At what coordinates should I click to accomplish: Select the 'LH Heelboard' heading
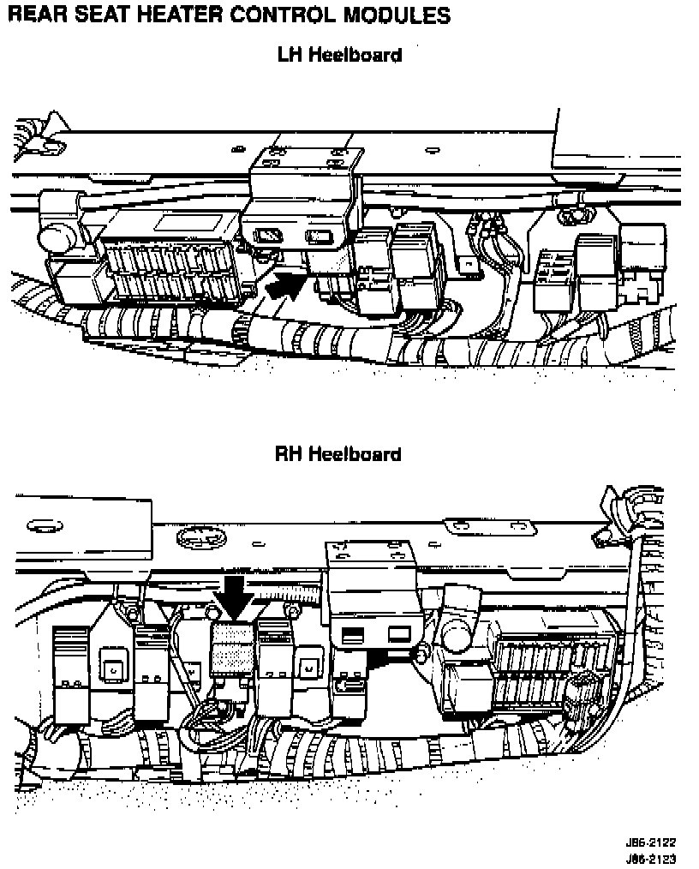click(339, 56)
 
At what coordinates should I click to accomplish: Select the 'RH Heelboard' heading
click(338, 453)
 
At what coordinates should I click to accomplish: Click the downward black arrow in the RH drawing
click(233, 596)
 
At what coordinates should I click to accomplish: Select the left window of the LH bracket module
click(268, 233)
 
